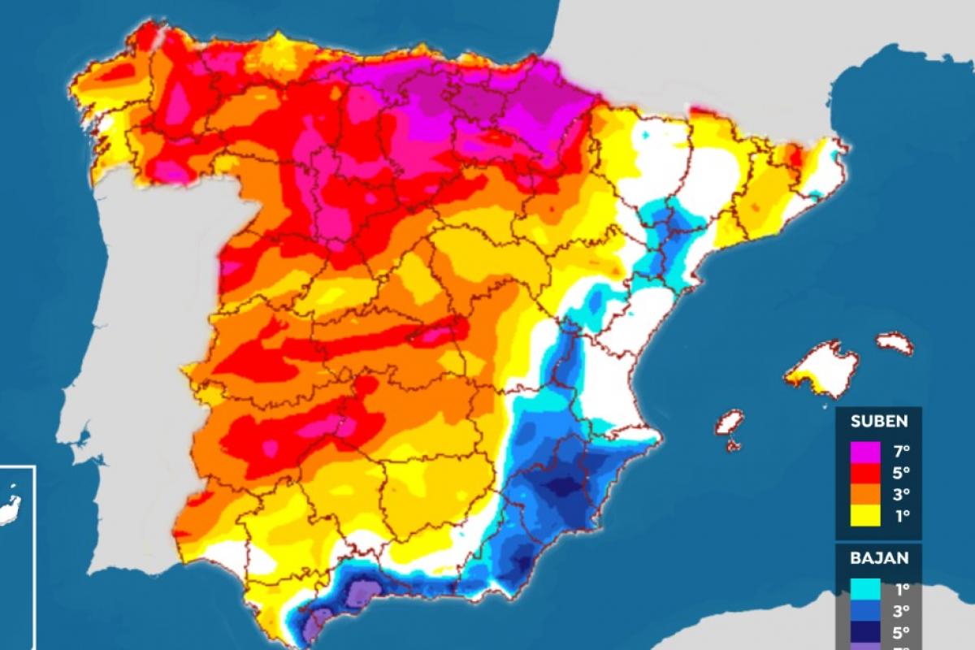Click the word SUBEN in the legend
[x=878, y=421]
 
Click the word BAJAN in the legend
[x=878, y=558]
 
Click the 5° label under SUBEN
[x=900, y=472]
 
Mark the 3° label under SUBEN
[x=900, y=493]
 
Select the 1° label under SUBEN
[x=900, y=514]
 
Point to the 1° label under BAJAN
[x=900, y=588]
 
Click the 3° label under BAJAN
[x=900, y=610]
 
